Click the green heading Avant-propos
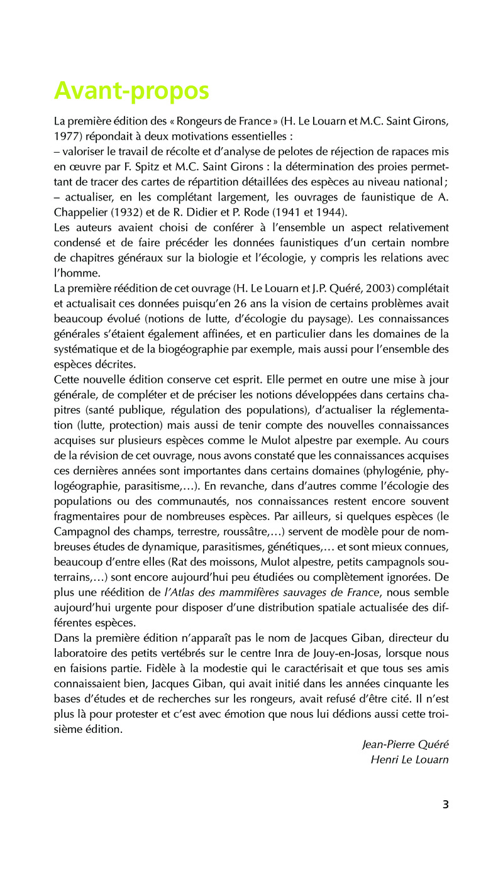pos(131,91)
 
